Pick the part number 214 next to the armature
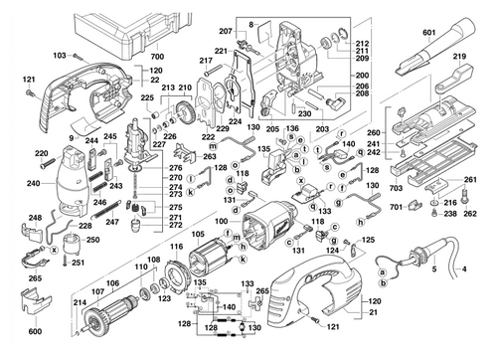[x=80, y=300]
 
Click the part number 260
[x=372, y=131]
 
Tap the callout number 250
[x=94, y=240]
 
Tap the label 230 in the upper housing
[x=305, y=111]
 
